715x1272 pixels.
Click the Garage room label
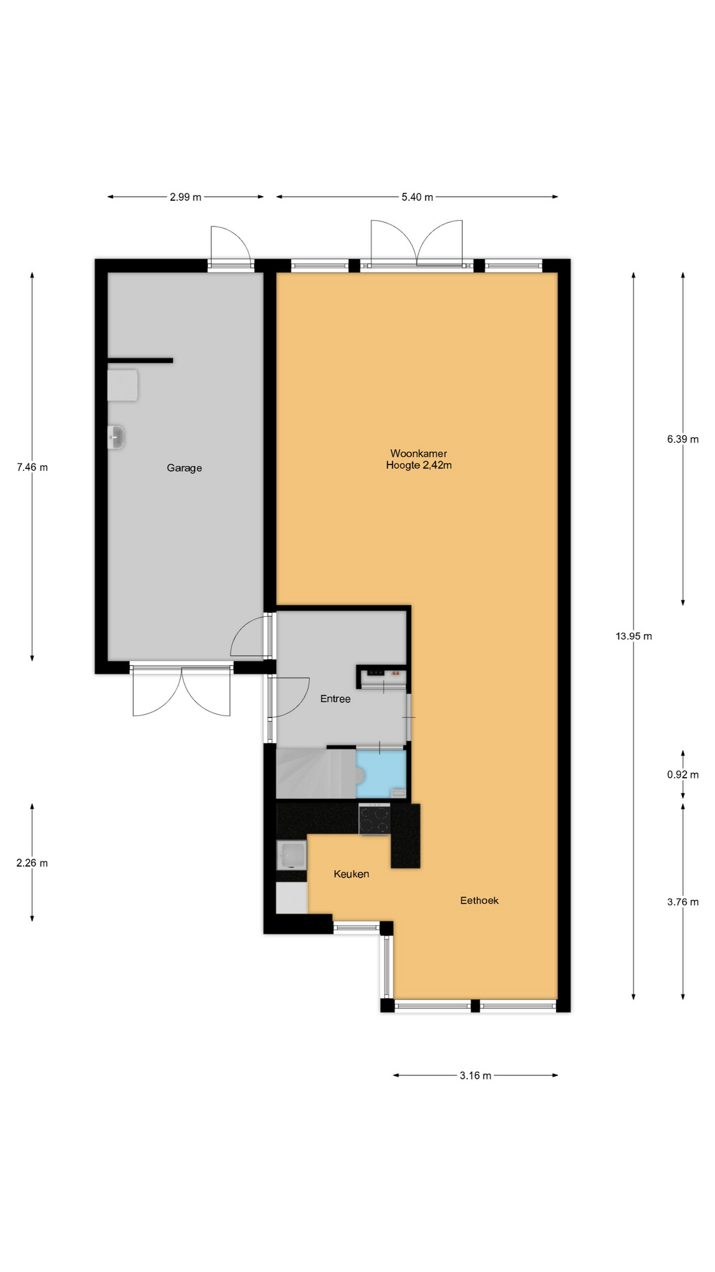pyautogui.click(x=184, y=468)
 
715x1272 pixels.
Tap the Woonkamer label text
pyautogui.click(x=418, y=454)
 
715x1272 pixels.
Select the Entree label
pyautogui.click(x=335, y=699)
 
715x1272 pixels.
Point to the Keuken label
pyautogui.click(x=351, y=874)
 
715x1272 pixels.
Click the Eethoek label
pyautogui.click(x=479, y=900)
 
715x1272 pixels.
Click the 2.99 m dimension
pyautogui.click(x=185, y=197)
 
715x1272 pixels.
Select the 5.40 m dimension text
pyautogui.click(x=417, y=197)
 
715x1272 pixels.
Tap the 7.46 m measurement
pyautogui.click(x=32, y=467)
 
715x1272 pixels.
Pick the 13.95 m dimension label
pyautogui.click(x=634, y=636)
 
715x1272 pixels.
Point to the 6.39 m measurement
pyautogui.click(x=683, y=439)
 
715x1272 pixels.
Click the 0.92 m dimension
pyautogui.click(x=683, y=774)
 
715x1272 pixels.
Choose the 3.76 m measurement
pyautogui.click(x=683, y=902)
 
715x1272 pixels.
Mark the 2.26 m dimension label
pyautogui.click(x=32, y=863)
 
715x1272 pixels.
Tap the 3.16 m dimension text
pyautogui.click(x=475, y=1076)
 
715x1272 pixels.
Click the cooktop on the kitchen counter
pyautogui.click(x=375, y=820)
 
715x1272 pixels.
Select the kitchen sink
pyautogui.click(x=291, y=855)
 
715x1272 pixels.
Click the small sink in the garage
pyautogui.click(x=116, y=437)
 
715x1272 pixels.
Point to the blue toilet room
pyautogui.click(x=381, y=774)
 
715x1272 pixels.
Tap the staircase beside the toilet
pyautogui.click(x=316, y=774)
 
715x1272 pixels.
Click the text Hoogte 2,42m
pyautogui.click(x=418, y=466)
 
